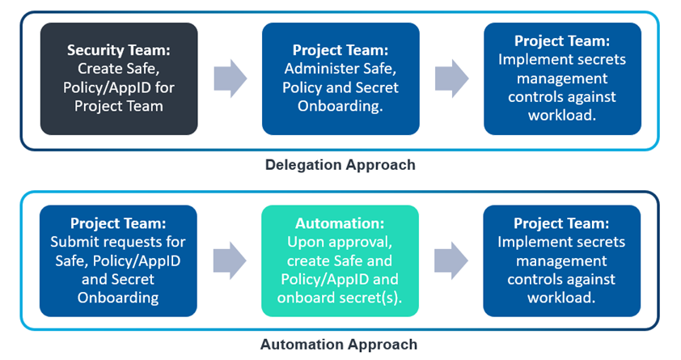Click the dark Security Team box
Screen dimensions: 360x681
119,78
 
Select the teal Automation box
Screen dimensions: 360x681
340,260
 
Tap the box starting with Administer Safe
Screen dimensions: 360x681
340,78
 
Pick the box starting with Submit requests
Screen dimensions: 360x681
118,260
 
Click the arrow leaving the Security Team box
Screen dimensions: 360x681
231,78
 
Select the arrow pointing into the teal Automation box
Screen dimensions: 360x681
230,260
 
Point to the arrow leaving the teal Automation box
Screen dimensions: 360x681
451,260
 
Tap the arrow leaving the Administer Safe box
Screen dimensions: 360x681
451,78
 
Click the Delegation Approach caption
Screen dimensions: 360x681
340,165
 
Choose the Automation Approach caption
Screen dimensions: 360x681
340,345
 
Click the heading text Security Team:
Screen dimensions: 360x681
119,50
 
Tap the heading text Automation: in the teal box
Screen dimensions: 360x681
340,223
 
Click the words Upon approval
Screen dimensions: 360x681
340,242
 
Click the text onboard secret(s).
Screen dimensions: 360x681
340,297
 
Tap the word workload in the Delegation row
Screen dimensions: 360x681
561,115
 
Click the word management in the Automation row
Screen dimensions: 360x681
561,260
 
